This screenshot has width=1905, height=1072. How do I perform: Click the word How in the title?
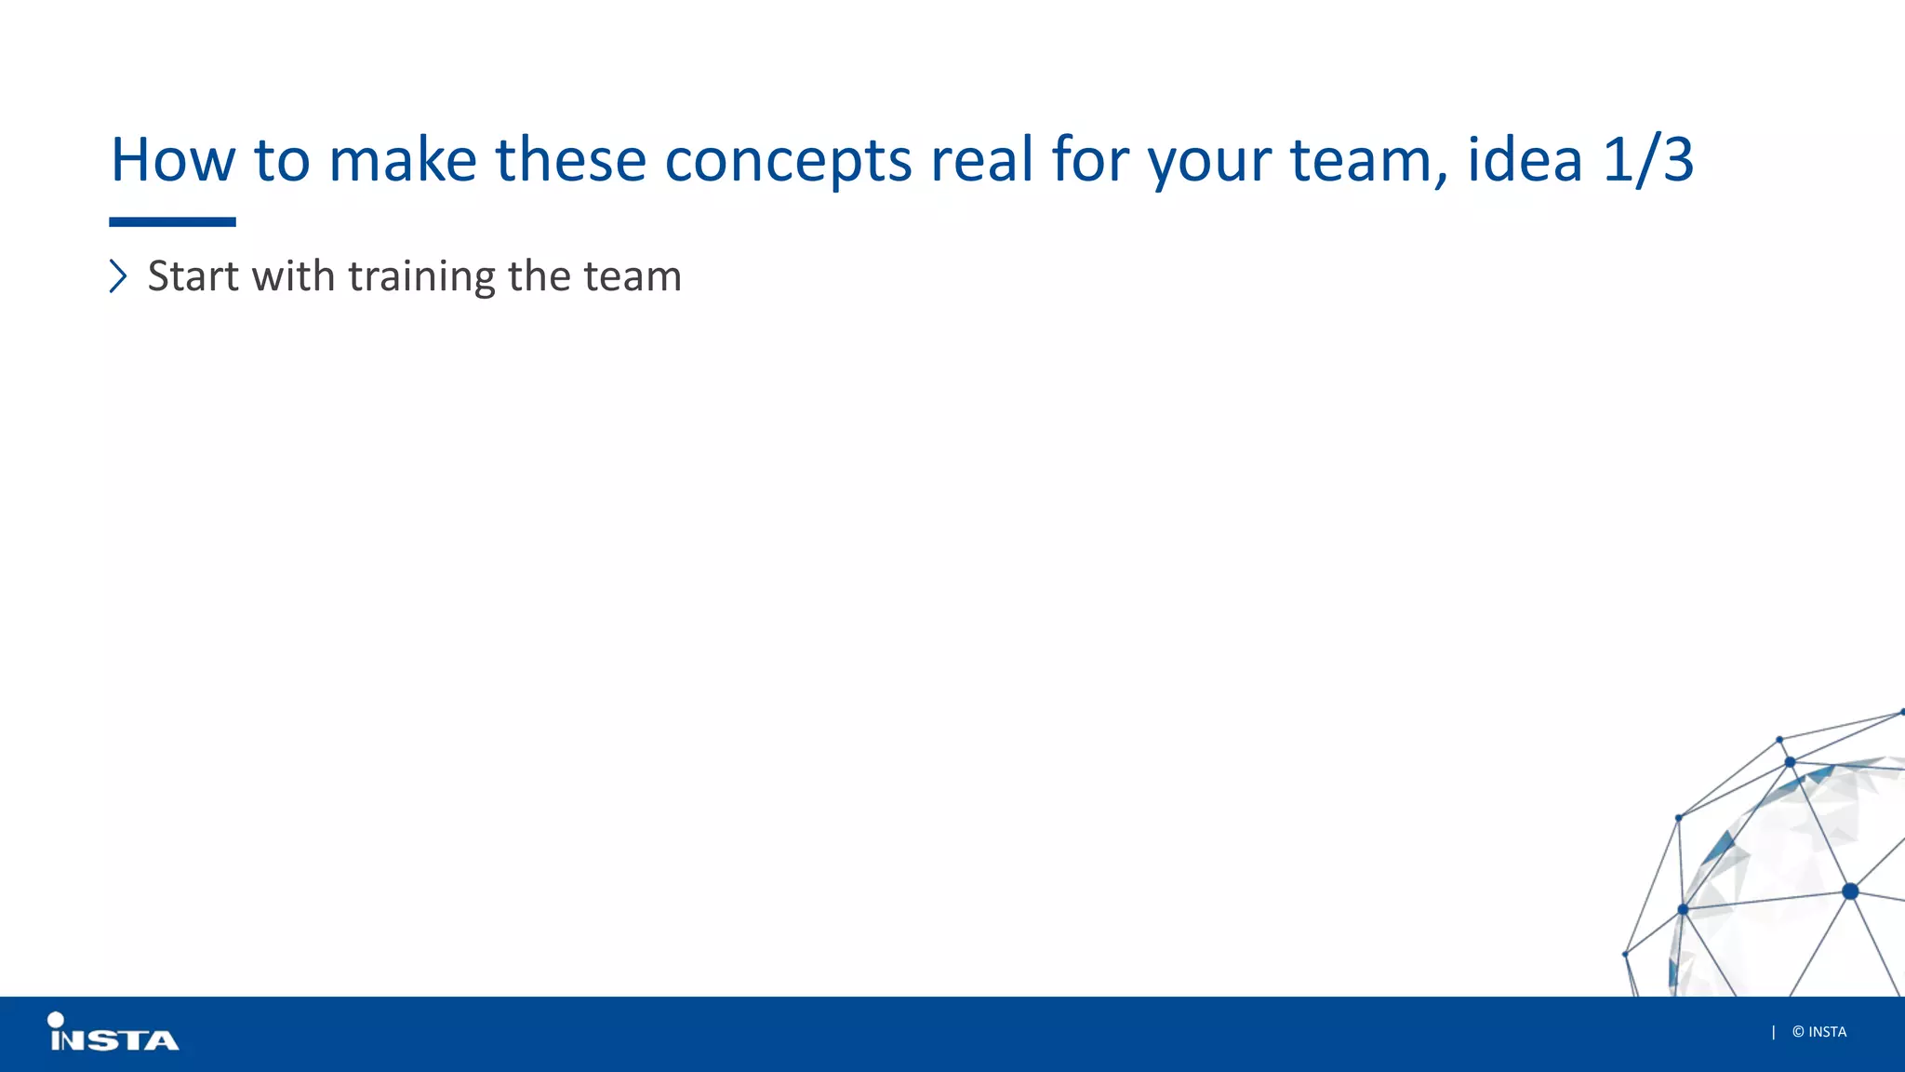click(x=173, y=160)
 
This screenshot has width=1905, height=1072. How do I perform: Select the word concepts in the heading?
click(x=788, y=160)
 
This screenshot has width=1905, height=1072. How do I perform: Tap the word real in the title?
click(x=981, y=160)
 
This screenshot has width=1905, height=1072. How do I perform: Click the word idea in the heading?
click(x=1525, y=160)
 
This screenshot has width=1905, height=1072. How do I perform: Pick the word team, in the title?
click(x=1368, y=160)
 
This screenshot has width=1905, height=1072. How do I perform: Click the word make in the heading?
click(x=403, y=160)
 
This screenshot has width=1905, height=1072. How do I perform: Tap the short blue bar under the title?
click(x=172, y=222)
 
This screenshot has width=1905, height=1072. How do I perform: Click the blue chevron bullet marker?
click(x=118, y=276)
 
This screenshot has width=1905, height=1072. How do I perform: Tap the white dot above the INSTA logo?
click(x=56, y=1020)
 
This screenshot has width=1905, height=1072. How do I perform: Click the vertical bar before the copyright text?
click(x=1773, y=1032)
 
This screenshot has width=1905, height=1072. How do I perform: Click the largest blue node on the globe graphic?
click(x=1850, y=891)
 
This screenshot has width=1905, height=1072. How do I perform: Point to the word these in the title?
click(x=570, y=160)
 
